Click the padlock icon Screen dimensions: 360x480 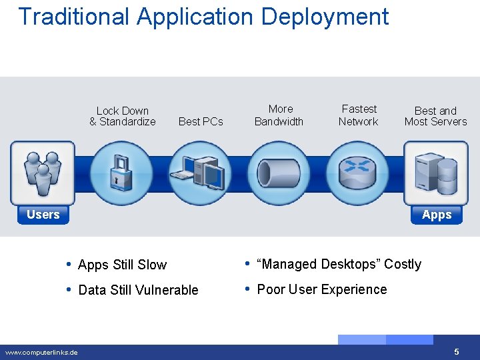pyautogui.click(x=121, y=172)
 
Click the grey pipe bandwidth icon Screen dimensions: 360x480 pyautogui.click(x=278, y=173)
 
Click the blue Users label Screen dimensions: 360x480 pyautogui.click(x=43, y=215)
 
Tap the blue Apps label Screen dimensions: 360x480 pyautogui.click(x=437, y=215)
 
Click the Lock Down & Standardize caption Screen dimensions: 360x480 pyautogui.click(x=123, y=116)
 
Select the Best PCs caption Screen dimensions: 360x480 pyautogui.click(x=201, y=121)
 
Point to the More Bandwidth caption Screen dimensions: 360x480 pyautogui.click(x=279, y=115)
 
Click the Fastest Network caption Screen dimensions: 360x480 pyautogui.click(x=359, y=115)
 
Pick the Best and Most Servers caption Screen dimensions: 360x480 pyautogui.click(x=435, y=116)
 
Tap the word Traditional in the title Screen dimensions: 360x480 pyautogui.click(x=74, y=16)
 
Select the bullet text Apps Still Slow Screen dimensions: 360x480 pyautogui.click(x=122, y=265)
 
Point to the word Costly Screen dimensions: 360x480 pyautogui.click(x=402, y=264)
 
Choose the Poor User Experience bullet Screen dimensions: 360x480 pyautogui.click(x=321, y=289)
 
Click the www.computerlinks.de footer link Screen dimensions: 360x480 pyautogui.click(x=41, y=352)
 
